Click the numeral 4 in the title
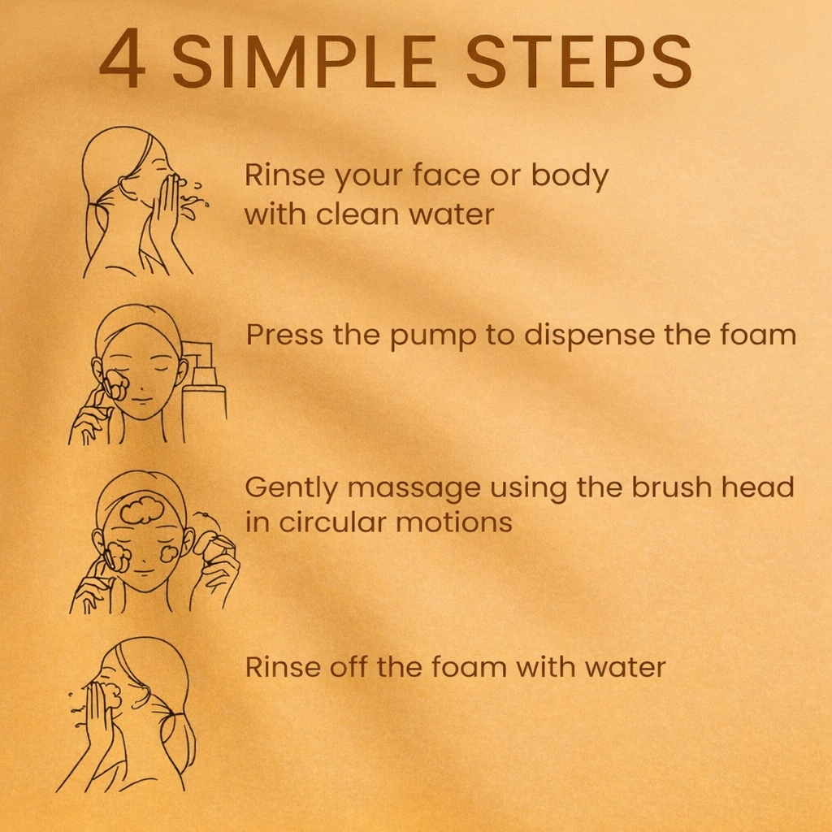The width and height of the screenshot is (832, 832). tap(122, 58)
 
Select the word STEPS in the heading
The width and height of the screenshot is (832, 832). tap(578, 60)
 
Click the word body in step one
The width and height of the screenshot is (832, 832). tap(570, 176)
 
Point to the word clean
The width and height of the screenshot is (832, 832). tap(357, 214)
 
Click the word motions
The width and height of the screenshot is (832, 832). tap(453, 522)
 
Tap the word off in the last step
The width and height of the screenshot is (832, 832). tap(349, 666)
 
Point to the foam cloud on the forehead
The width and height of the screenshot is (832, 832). tap(141, 511)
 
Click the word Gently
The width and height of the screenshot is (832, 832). tap(291, 488)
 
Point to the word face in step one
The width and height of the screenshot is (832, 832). tap(446, 175)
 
